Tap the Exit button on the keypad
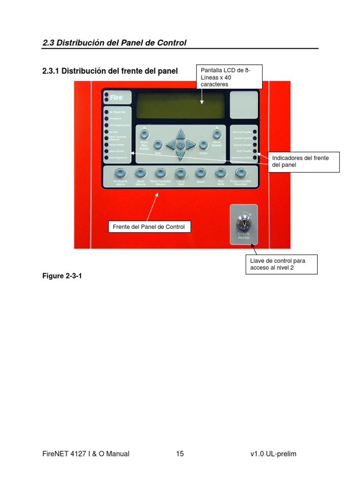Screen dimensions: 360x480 (158, 144)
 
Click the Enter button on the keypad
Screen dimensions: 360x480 (203, 144)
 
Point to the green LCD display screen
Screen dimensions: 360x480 (181, 105)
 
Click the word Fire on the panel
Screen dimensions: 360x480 (117, 97)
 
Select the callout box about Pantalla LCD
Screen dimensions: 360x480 (229, 77)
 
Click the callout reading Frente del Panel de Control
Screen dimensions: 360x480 (149, 227)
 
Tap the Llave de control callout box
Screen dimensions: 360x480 (281, 264)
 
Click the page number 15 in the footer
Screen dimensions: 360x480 (180, 454)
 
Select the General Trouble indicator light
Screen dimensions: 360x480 (255, 132)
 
